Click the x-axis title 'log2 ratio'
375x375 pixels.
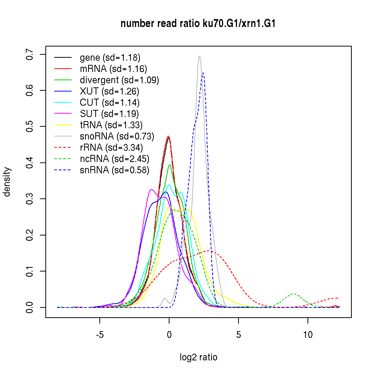pos(198,357)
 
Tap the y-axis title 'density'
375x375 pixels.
pos(7,181)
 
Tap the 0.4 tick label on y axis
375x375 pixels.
pos(30,163)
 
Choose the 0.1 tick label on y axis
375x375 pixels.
pos(30,271)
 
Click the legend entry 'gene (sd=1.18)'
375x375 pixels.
pos(110,58)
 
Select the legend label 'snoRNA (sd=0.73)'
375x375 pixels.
pos(117,136)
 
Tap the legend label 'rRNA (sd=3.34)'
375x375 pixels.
pos(112,148)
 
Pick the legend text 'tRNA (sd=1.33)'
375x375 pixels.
pos(111,125)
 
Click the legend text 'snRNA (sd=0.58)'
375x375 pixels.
pos(114,170)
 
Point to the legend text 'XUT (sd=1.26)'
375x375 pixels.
pos(109,91)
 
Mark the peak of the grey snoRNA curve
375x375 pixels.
pos(199,56)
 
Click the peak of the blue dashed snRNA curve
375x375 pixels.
pos(203,73)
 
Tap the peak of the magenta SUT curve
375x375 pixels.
pos(151,189)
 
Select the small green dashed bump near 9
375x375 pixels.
pos(294,294)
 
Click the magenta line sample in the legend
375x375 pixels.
pos(63,114)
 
